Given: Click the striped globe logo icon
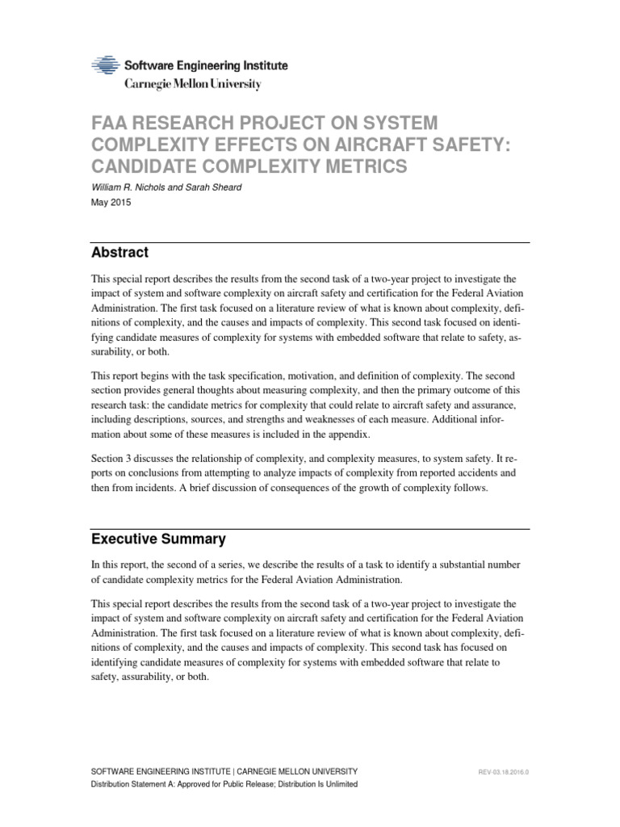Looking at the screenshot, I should coord(106,66).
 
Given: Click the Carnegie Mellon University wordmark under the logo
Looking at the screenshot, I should coord(192,84).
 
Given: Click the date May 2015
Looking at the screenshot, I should coord(110,203).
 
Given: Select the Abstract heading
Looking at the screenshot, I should coord(119,253).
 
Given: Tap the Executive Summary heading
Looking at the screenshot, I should coord(158,539).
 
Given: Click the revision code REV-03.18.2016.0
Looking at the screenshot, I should coord(504,773).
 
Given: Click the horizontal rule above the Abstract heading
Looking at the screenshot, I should coord(310,242).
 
